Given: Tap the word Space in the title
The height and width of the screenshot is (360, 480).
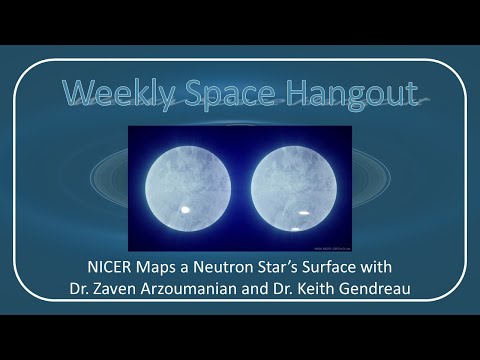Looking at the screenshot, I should coord(220,93).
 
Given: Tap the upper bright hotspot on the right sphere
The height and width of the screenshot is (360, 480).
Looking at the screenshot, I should coord(301,212).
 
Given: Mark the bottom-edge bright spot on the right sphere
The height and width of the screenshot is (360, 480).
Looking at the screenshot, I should coord(296,232).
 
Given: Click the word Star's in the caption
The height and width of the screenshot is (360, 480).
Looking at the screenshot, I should coord(291,267).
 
